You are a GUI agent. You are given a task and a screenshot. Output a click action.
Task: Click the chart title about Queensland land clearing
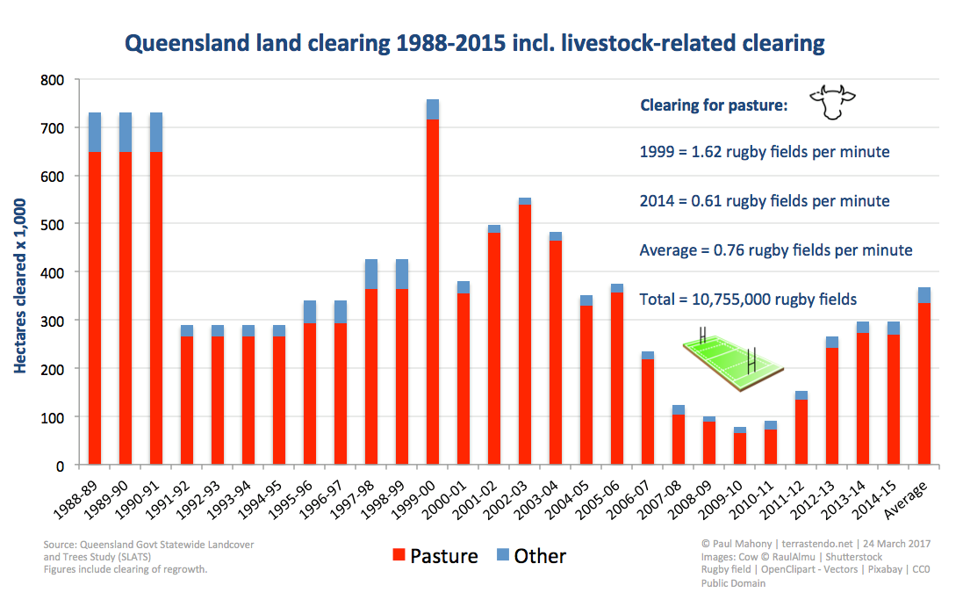474,44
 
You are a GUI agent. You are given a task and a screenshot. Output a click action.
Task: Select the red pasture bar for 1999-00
433,292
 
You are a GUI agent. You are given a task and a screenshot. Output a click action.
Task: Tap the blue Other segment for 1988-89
95,132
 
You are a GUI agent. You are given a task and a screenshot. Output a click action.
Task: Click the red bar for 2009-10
739,449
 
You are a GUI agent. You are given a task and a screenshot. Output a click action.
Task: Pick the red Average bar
923,383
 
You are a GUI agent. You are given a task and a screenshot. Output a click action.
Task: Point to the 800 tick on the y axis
52,80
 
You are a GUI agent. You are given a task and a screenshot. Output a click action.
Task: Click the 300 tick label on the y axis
52,321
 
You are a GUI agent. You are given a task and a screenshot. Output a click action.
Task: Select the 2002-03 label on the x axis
506,499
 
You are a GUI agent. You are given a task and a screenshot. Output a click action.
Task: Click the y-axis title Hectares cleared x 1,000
20,285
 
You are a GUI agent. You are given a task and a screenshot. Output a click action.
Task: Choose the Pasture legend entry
435,555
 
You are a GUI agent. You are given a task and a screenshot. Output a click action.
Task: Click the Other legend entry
531,555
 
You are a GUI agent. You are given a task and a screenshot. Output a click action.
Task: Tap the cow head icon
832,101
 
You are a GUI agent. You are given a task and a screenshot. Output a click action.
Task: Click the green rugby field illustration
733,361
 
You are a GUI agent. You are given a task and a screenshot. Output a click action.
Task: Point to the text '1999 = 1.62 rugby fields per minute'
765,152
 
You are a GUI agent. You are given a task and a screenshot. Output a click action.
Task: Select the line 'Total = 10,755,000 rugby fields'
748,300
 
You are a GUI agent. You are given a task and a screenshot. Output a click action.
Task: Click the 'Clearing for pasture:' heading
714,105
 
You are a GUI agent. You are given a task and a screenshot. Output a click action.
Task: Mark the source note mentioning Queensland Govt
148,557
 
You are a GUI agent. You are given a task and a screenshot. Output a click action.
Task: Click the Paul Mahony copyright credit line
816,544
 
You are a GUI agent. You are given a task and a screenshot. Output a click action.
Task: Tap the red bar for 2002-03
524,334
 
